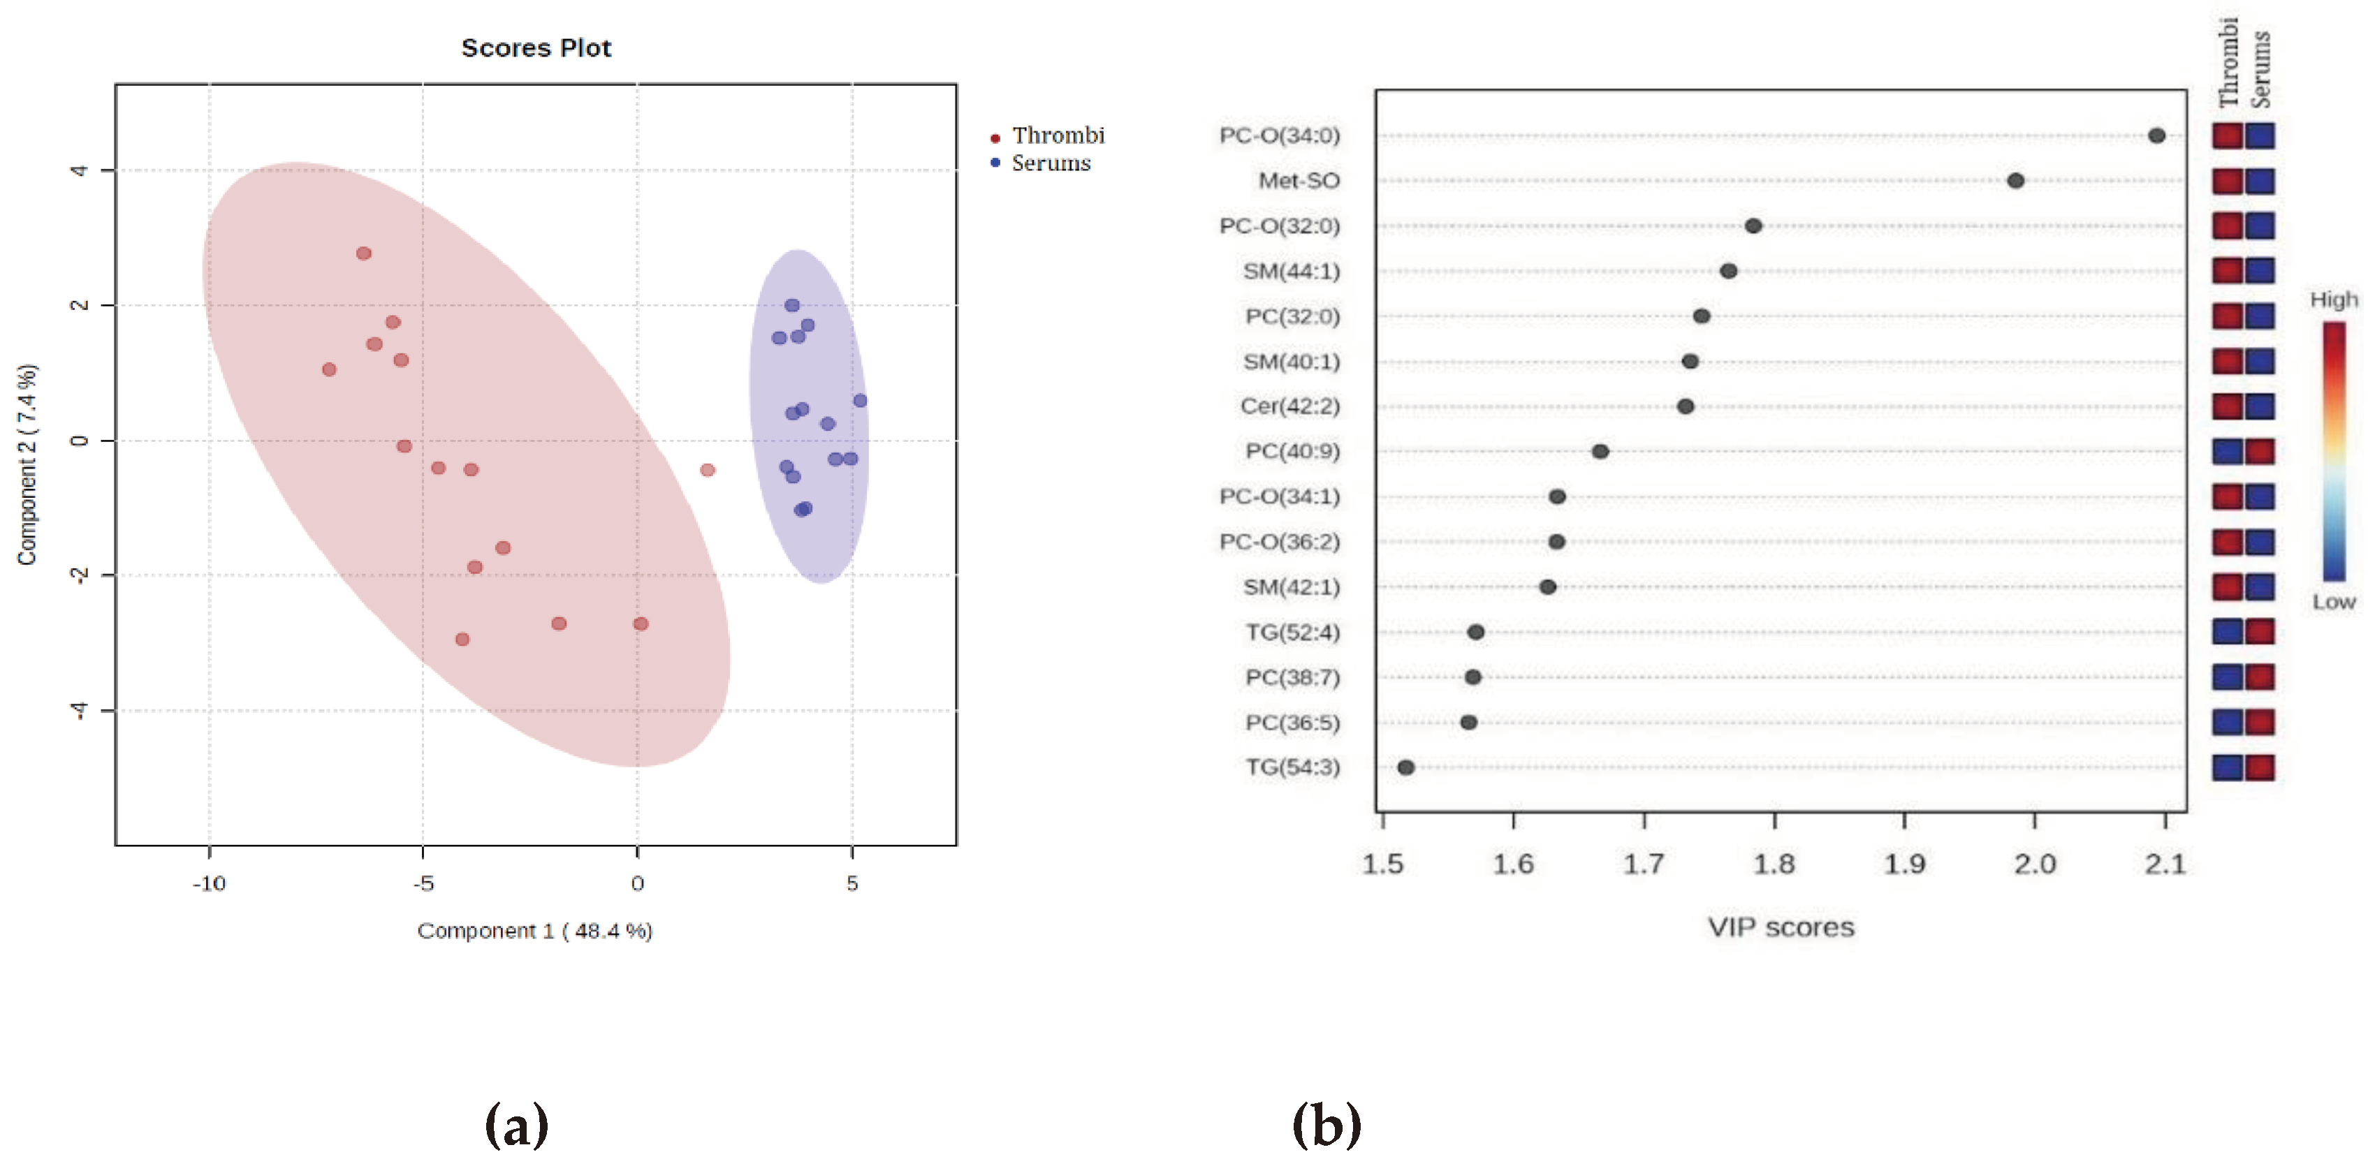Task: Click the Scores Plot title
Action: [x=536, y=47]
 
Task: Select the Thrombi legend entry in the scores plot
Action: [x=1057, y=136]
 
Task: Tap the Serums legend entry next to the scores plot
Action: [x=1050, y=163]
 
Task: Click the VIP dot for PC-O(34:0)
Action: [x=2156, y=136]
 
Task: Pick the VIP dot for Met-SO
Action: [x=2015, y=181]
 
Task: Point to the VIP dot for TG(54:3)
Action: [x=1405, y=767]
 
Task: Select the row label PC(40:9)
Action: [x=1292, y=451]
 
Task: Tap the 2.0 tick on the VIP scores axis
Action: [x=2034, y=864]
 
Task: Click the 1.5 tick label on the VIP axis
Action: [x=1382, y=864]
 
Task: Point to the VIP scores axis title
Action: [x=1781, y=927]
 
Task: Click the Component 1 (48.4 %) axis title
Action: [x=535, y=931]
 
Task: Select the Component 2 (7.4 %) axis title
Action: [x=27, y=464]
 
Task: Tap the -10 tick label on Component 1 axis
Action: [x=209, y=883]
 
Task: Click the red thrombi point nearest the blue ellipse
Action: [x=707, y=471]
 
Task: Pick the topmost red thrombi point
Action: [x=364, y=253]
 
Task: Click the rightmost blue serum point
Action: [x=859, y=401]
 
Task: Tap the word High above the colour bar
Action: [x=2333, y=300]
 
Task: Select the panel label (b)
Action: [x=1326, y=1125]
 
